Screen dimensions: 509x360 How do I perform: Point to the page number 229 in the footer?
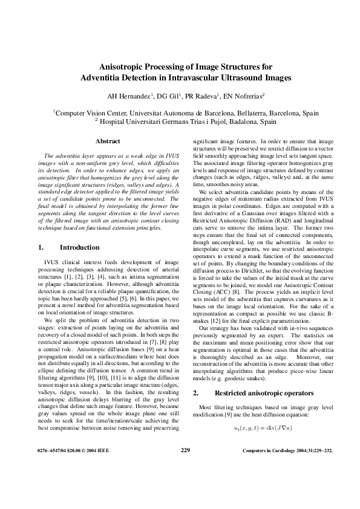click(186, 450)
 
